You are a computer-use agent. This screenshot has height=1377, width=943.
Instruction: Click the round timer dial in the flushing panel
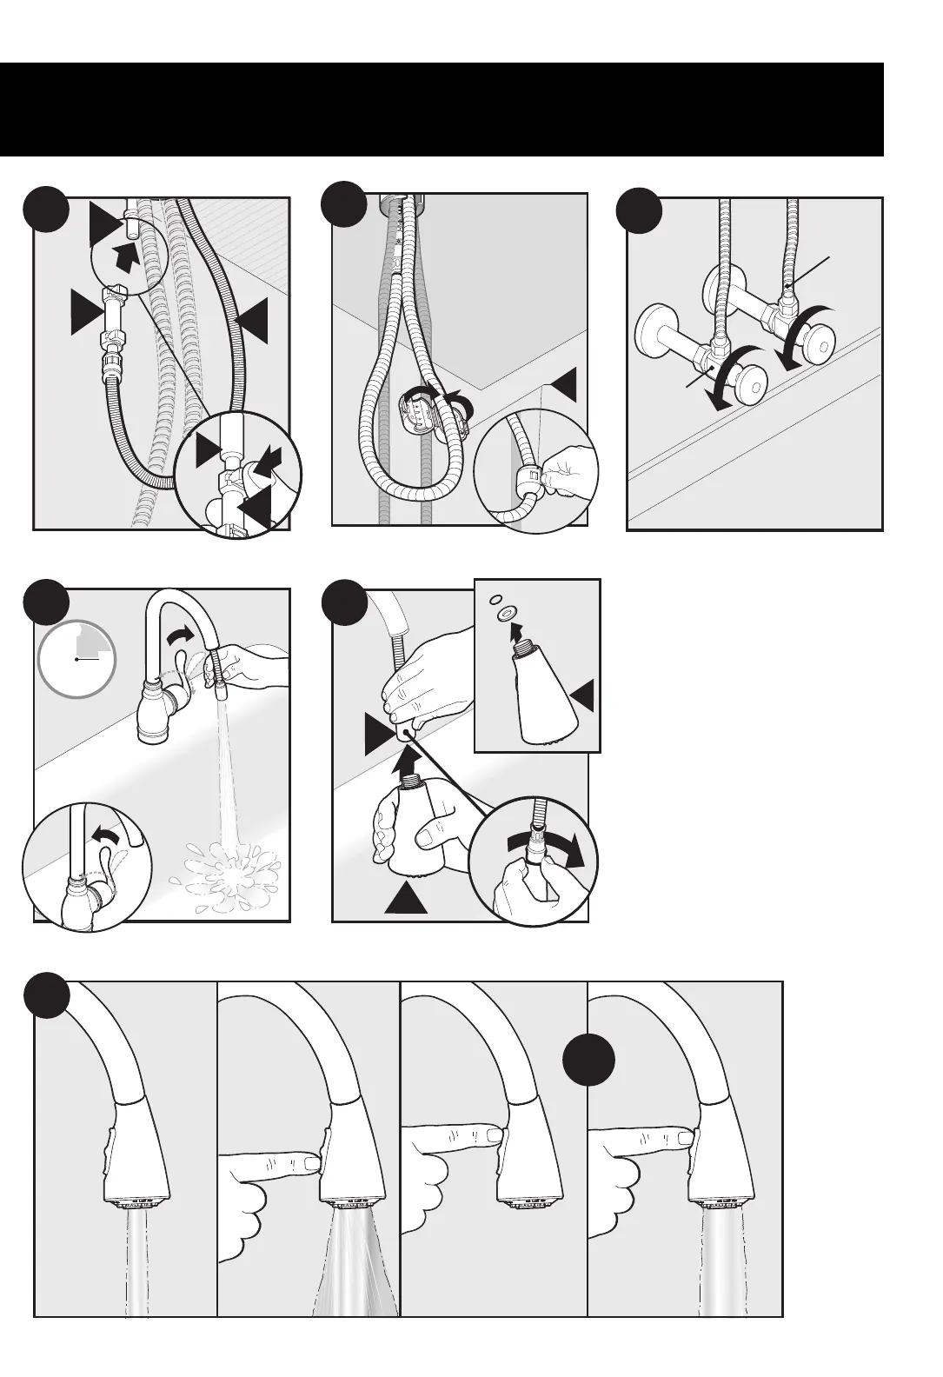pyautogui.click(x=76, y=659)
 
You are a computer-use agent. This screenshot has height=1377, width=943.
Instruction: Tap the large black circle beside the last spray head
pyautogui.click(x=588, y=1061)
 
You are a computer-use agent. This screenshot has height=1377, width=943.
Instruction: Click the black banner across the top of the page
pyautogui.click(x=442, y=110)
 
